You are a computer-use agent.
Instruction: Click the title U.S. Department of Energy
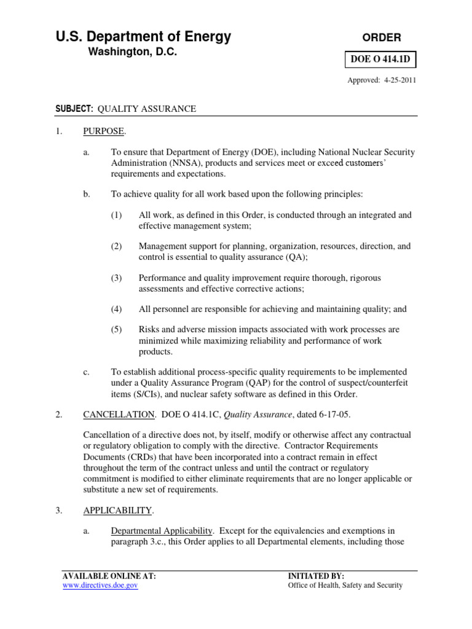(144, 37)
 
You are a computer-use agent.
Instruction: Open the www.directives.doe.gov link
(101, 586)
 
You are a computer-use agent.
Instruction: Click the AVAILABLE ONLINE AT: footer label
(109, 576)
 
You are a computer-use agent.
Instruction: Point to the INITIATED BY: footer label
(317, 576)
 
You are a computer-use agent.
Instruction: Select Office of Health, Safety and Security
(345, 586)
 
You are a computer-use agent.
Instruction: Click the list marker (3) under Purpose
(117, 278)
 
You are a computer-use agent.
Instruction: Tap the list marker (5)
(117, 330)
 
